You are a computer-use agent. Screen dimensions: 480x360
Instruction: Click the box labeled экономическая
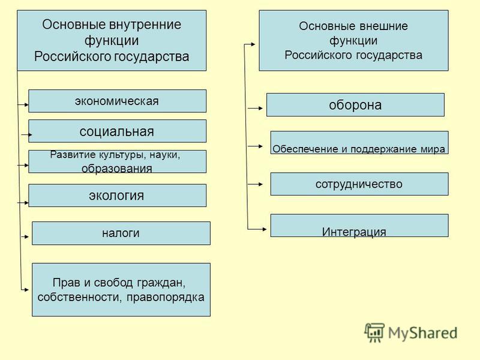(117, 101)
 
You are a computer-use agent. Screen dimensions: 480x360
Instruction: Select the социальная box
(117, 131)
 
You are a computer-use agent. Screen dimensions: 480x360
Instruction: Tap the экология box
(117, 196)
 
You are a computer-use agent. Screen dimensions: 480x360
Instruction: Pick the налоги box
(121, 233)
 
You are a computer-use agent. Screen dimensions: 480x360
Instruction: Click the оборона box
(355, 104)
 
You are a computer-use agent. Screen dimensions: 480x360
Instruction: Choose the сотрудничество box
(359, 184)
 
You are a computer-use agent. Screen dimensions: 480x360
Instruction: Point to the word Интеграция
(354, 232)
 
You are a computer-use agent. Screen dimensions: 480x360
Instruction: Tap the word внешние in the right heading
(383, 26)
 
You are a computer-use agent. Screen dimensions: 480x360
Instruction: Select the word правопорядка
(166, 297)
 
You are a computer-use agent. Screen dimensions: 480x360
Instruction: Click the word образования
(116, 169)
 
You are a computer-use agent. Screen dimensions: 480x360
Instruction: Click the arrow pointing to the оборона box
(256, 108)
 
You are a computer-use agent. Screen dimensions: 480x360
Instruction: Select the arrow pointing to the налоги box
(25, 236)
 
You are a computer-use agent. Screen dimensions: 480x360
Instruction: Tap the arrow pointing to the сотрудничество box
(256, 184)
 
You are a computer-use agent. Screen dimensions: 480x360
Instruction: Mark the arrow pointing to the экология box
(23, 203)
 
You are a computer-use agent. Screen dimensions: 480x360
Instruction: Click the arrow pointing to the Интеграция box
(257, 229)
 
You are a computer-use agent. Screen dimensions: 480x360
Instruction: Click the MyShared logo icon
(374, 332)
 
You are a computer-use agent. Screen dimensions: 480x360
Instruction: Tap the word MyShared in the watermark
(423, 333)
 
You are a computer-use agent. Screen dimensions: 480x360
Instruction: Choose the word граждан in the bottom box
(161, 283)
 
